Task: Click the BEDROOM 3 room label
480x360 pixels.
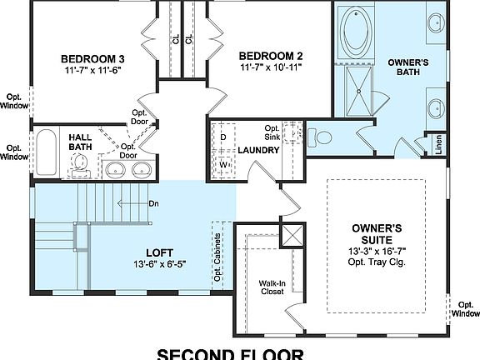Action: tap(93, 59)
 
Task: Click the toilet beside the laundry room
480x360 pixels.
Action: tap(322, 137)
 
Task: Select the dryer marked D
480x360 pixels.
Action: tap(223, 136)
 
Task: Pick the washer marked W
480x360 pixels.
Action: tap(223, 164)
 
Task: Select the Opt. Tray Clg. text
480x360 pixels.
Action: tap(377, 262)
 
